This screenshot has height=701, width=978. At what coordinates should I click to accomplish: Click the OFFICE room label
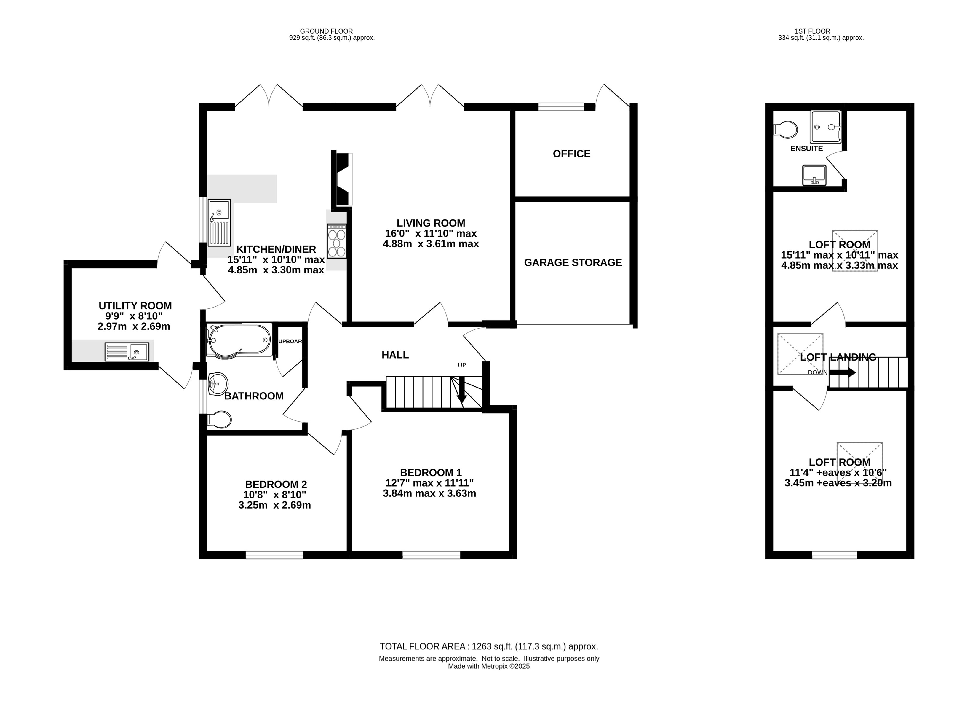pyautogui.click(x=571, y=154)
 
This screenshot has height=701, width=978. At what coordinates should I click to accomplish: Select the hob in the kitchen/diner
pyautogui.click(x=336, y=241)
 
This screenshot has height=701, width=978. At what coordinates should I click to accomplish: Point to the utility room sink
pyautogui.click(x=127, y=352)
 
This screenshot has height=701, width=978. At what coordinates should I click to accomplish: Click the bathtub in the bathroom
pyautogui.click(x=239, y=340)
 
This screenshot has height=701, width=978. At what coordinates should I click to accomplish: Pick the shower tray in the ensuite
pyautogui.click(x=825, y=127)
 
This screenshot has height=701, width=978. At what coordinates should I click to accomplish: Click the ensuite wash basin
pyautogui.click(x=814, y=175)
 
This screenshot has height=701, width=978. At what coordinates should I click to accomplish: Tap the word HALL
pyautogui.click(x=395, y=355)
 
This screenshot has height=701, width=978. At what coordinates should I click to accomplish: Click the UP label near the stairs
pyautogui.click(x=462, y=365)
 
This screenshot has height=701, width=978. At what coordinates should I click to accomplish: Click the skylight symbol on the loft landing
pyautogui.click(x=800, y=354)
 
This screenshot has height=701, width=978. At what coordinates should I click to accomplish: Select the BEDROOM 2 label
pyautogui.click(x=276, y=485)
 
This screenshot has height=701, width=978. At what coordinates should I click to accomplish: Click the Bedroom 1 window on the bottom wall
pyautogui.click(x=431, y=555)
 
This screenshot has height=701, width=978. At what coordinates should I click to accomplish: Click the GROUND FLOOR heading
pyautogui.click(x=326, y=31)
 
